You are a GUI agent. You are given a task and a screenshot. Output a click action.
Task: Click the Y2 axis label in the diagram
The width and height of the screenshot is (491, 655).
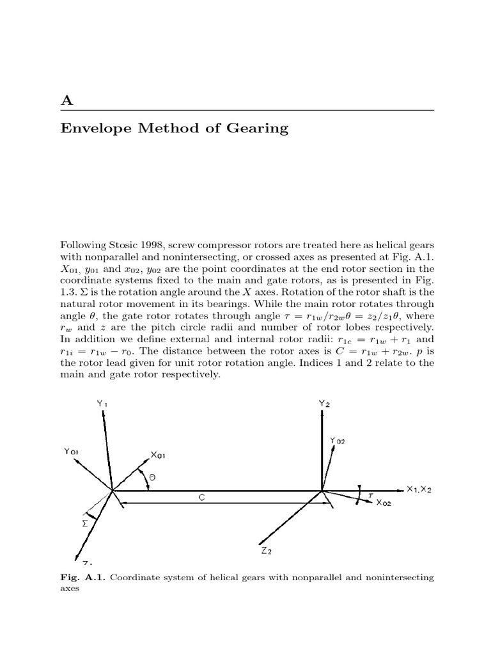[x=325, y=404]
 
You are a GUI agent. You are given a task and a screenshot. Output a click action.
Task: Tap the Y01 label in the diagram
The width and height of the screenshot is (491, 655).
[x=72, y=452]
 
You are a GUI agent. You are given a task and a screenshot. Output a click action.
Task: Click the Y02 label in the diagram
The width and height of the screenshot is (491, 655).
[x=338, y=441]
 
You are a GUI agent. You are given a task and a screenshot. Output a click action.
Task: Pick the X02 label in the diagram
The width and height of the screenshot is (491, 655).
[x=385, y=503]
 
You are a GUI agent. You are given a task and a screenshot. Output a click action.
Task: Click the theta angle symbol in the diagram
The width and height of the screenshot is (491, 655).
[x=152, y=478]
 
